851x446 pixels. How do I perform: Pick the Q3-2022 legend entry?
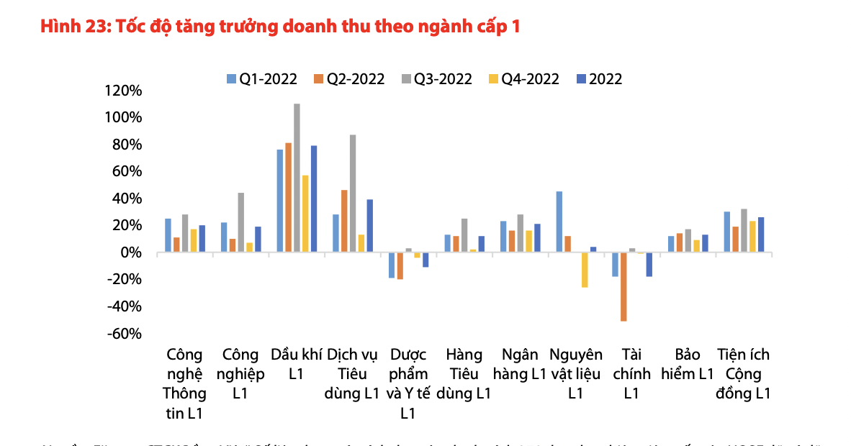tap(436, 79)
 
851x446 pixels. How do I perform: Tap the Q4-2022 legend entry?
tap(523, 79)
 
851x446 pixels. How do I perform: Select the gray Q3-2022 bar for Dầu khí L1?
tap(297, 178)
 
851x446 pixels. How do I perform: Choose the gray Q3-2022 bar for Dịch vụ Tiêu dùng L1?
tap(353, 193)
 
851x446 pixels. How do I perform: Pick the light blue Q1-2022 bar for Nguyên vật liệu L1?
tap(559, 222)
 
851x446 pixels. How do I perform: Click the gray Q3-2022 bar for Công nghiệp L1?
tap(240, 222)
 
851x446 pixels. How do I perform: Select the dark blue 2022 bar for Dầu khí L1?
tap(314, 199)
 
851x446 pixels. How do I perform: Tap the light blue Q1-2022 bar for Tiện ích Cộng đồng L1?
tap(727, 232)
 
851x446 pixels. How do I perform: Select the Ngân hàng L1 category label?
tap(520, 364)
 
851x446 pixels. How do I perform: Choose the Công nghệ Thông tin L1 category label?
tap(185, 383)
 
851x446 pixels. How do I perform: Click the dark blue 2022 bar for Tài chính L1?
tap(649, 264)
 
